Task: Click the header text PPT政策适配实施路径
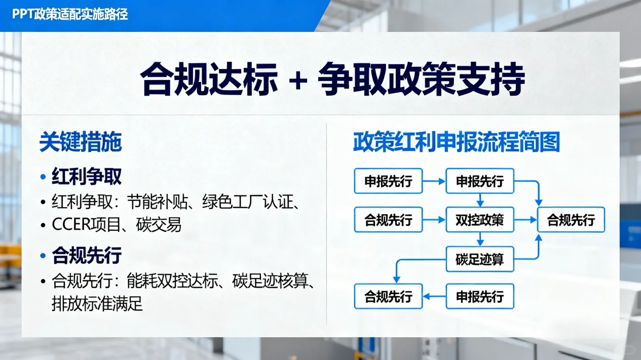tap(70, 14)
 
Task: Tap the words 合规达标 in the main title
tap(209, 80)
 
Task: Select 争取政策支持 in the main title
tap(421, 80)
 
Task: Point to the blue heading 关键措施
tap(81, 143)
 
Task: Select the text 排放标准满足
tap(97, 304)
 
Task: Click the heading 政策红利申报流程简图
tap(456, 143)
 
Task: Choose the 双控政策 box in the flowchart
tap(480, 220)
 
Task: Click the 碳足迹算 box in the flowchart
tap(480, 259)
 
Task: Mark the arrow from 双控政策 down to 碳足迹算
tap(480, 239)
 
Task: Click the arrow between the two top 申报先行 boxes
tap(434, 181)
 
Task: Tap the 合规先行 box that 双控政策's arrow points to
tap(571, 220)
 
